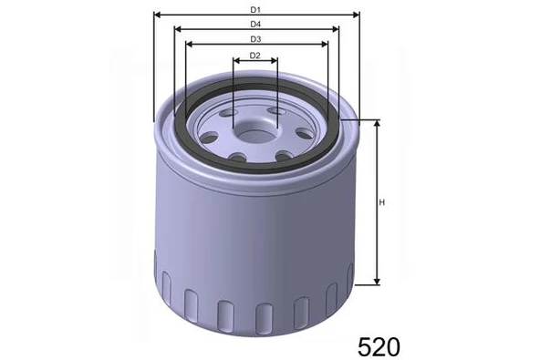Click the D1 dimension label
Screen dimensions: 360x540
click(x=255, y=9)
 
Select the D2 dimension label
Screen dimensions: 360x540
click(x=255, y=57)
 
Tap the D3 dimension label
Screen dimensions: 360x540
click(x=255, y=39)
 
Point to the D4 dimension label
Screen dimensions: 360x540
click(x=255, y=24)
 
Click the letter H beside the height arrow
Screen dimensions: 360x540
click(x=384, y=202)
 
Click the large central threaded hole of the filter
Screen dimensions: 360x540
click(x=254, y=131)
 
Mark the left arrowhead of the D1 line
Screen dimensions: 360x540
click(x=157, y=15)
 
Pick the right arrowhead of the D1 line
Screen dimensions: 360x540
click(x=358, y=15)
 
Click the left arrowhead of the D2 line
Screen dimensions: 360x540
click(x=236, y=63)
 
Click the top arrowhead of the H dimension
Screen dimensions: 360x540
click(x=376, y=123)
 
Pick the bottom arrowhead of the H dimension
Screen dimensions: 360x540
click(x=376, y=282)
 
